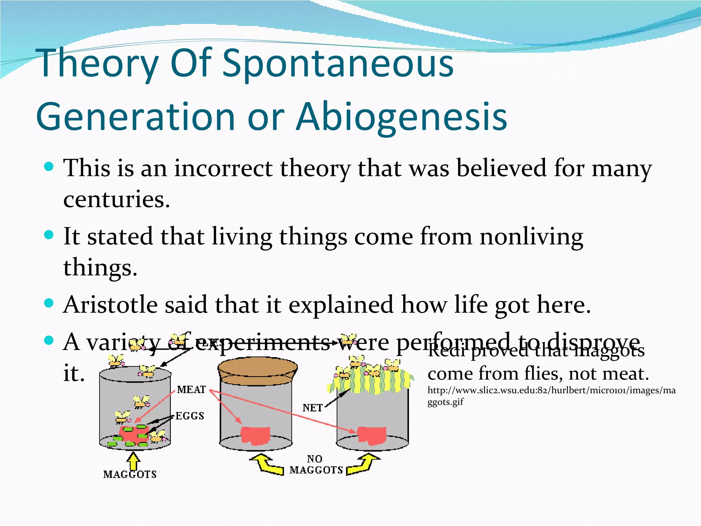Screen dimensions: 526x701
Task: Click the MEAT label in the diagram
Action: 191,390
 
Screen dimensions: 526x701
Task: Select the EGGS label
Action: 190,416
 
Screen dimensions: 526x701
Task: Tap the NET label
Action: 313,408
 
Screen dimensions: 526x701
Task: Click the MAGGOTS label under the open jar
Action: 130,474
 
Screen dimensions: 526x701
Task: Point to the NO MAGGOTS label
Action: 316,465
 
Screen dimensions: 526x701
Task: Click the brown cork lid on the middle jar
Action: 257,370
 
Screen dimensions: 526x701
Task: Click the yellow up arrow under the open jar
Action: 133,461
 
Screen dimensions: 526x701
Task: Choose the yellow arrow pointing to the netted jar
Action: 363,465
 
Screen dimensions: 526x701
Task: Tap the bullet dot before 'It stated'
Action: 49,235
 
